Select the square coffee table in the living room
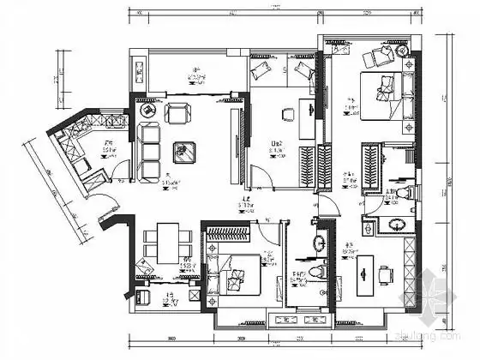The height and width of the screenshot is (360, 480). tap(181, 151)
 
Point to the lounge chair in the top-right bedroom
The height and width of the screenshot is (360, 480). tap(375, 58)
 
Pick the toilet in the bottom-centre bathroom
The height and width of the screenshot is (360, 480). tap(316, 273)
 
